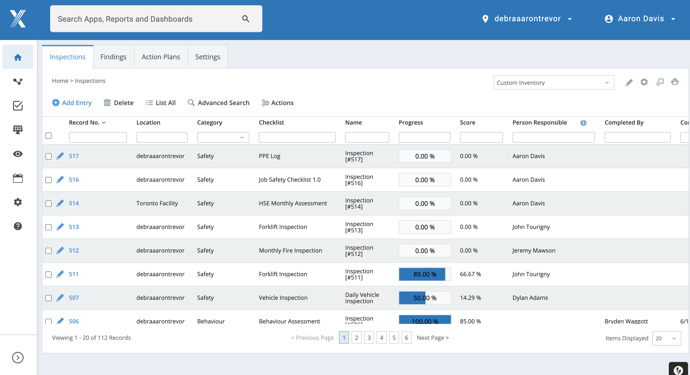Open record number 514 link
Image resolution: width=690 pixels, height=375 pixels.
pos(74,203)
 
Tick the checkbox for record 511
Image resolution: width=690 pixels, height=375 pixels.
pos(48,274)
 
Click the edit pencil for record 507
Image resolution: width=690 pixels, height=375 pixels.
pos(60,297)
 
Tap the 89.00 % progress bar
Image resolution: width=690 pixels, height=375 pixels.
pos(425,274)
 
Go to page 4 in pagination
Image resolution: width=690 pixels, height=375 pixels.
pos(381,338)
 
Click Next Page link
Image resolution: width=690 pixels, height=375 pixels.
pos(433,338)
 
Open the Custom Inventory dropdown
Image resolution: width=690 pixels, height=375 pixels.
pos(553,83)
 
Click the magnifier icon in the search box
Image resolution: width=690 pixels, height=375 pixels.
pos(246,19)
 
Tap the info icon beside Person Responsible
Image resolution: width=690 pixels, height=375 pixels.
pos(583,123)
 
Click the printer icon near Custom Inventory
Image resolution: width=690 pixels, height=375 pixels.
pos(675,82)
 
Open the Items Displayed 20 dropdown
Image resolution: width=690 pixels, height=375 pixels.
pos(666,338)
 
